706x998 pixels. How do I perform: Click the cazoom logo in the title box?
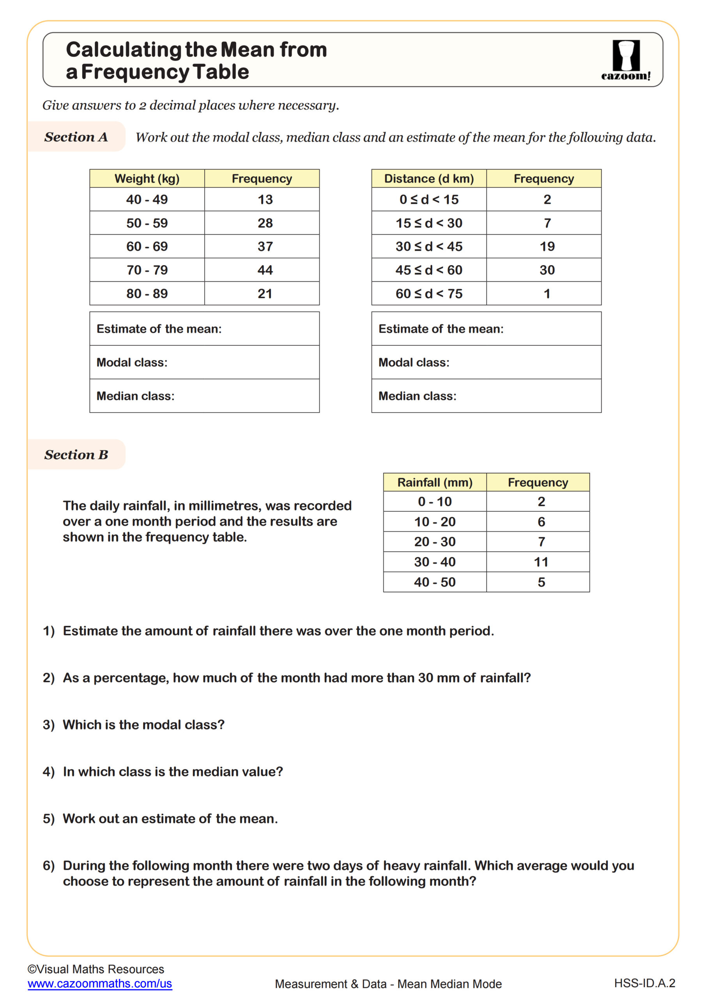(626, 60)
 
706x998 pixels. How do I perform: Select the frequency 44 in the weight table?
(265, 270)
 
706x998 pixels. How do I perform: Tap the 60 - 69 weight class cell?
(147, 246)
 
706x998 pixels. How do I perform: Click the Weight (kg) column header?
(147, 179)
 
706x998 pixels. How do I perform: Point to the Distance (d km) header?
(429, 179)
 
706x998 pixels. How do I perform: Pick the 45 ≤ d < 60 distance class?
(429, 270)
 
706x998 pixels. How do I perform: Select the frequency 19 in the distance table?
(547, 246)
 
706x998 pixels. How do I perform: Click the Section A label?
(76, 137)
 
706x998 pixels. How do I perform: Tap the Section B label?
(76, 455)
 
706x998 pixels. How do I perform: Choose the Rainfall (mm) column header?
(435, 483)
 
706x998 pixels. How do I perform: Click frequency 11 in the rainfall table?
(541, 562)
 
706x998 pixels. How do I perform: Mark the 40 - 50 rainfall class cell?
(435, 582)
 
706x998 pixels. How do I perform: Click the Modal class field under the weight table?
(204, 363)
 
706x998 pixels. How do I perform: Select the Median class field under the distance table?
(486, 396)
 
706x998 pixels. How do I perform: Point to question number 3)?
(49, 725)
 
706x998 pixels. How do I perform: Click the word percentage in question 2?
(131, 678)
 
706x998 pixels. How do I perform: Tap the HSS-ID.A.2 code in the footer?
(644, 983)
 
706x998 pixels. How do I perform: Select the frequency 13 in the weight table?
(265, 200)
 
